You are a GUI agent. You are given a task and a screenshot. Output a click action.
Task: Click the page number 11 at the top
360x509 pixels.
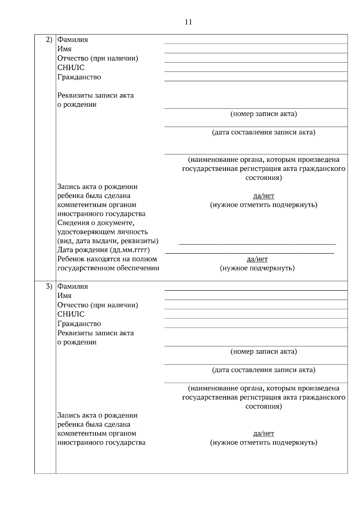click(188, 22)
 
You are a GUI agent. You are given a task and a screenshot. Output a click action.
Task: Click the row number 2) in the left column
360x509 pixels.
click(49, 39)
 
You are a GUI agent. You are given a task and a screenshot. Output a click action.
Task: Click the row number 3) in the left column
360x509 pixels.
click(49, 286)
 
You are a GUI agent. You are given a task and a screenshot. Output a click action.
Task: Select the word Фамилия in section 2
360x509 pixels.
click(73, 40)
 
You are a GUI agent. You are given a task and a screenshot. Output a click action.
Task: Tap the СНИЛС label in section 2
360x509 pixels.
click(71, 67)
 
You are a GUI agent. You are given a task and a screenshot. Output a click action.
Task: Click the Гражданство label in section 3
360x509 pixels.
click(79, 324)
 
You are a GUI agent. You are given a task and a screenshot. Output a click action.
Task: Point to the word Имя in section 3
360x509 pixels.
click(64, 296)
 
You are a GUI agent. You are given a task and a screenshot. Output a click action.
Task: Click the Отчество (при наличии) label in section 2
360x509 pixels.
click(98, 58)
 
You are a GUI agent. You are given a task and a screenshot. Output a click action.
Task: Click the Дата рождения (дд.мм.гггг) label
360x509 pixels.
click(103, 250)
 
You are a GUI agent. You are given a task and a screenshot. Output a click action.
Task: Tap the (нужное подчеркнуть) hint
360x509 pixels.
click(257, 268)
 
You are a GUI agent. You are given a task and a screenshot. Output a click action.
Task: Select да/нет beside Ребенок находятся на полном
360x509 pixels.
click(257, 259)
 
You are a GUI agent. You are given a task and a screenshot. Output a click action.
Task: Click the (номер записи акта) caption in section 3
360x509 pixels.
click(263, 351)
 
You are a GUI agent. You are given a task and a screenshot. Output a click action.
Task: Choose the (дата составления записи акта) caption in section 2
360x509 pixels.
click(263, 132)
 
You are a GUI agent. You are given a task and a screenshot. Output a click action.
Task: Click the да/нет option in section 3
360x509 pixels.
click(263, 433)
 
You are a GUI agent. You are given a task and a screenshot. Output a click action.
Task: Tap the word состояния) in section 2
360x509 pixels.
click(263, 178)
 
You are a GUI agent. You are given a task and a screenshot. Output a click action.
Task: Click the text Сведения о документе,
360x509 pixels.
click(96, 223)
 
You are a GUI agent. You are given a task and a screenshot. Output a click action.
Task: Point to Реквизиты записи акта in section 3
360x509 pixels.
click(95, 333)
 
